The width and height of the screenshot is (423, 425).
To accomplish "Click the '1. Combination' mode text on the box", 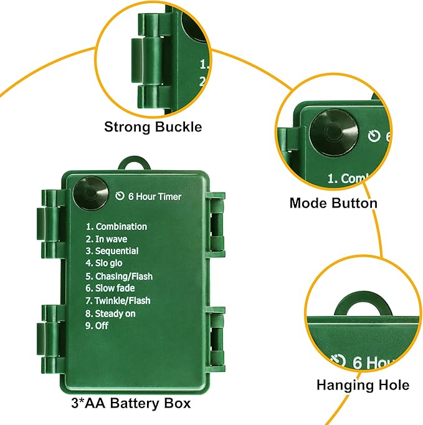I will click(x=116, y=227).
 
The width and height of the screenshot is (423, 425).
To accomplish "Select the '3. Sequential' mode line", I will click(x=112, y=251).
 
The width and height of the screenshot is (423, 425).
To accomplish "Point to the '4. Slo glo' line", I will click(x=104, y=264).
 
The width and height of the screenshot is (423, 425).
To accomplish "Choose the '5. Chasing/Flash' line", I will click(x=119, y=276).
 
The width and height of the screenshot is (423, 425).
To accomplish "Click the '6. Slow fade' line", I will click(x=110, y=288).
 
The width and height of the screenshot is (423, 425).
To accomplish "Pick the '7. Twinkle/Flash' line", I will click(x=118, y=300).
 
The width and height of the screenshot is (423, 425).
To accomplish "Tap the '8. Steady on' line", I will click(x=110, y=313).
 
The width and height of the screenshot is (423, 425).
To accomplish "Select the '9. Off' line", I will click(x=97, y=325).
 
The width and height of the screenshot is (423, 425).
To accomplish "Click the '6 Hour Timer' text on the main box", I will click(x=154, y=197).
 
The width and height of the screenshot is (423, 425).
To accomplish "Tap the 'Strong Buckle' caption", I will click(x=153, y=127).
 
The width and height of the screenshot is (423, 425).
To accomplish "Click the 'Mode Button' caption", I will click(x=333, y=203).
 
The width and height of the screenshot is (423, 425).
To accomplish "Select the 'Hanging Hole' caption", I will click(x=363, y=385).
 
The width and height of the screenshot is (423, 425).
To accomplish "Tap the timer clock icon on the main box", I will click(x=120, y=197).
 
